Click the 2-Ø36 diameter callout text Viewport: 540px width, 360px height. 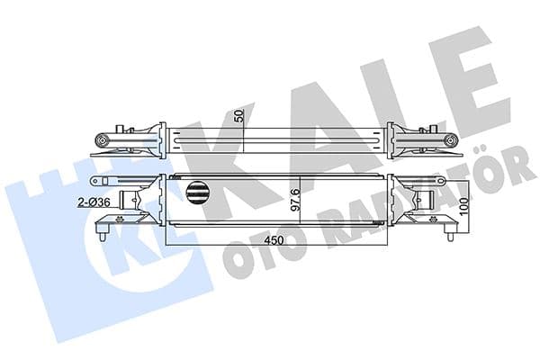click(93, 202)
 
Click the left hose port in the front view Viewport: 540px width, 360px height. click(144, 199)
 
